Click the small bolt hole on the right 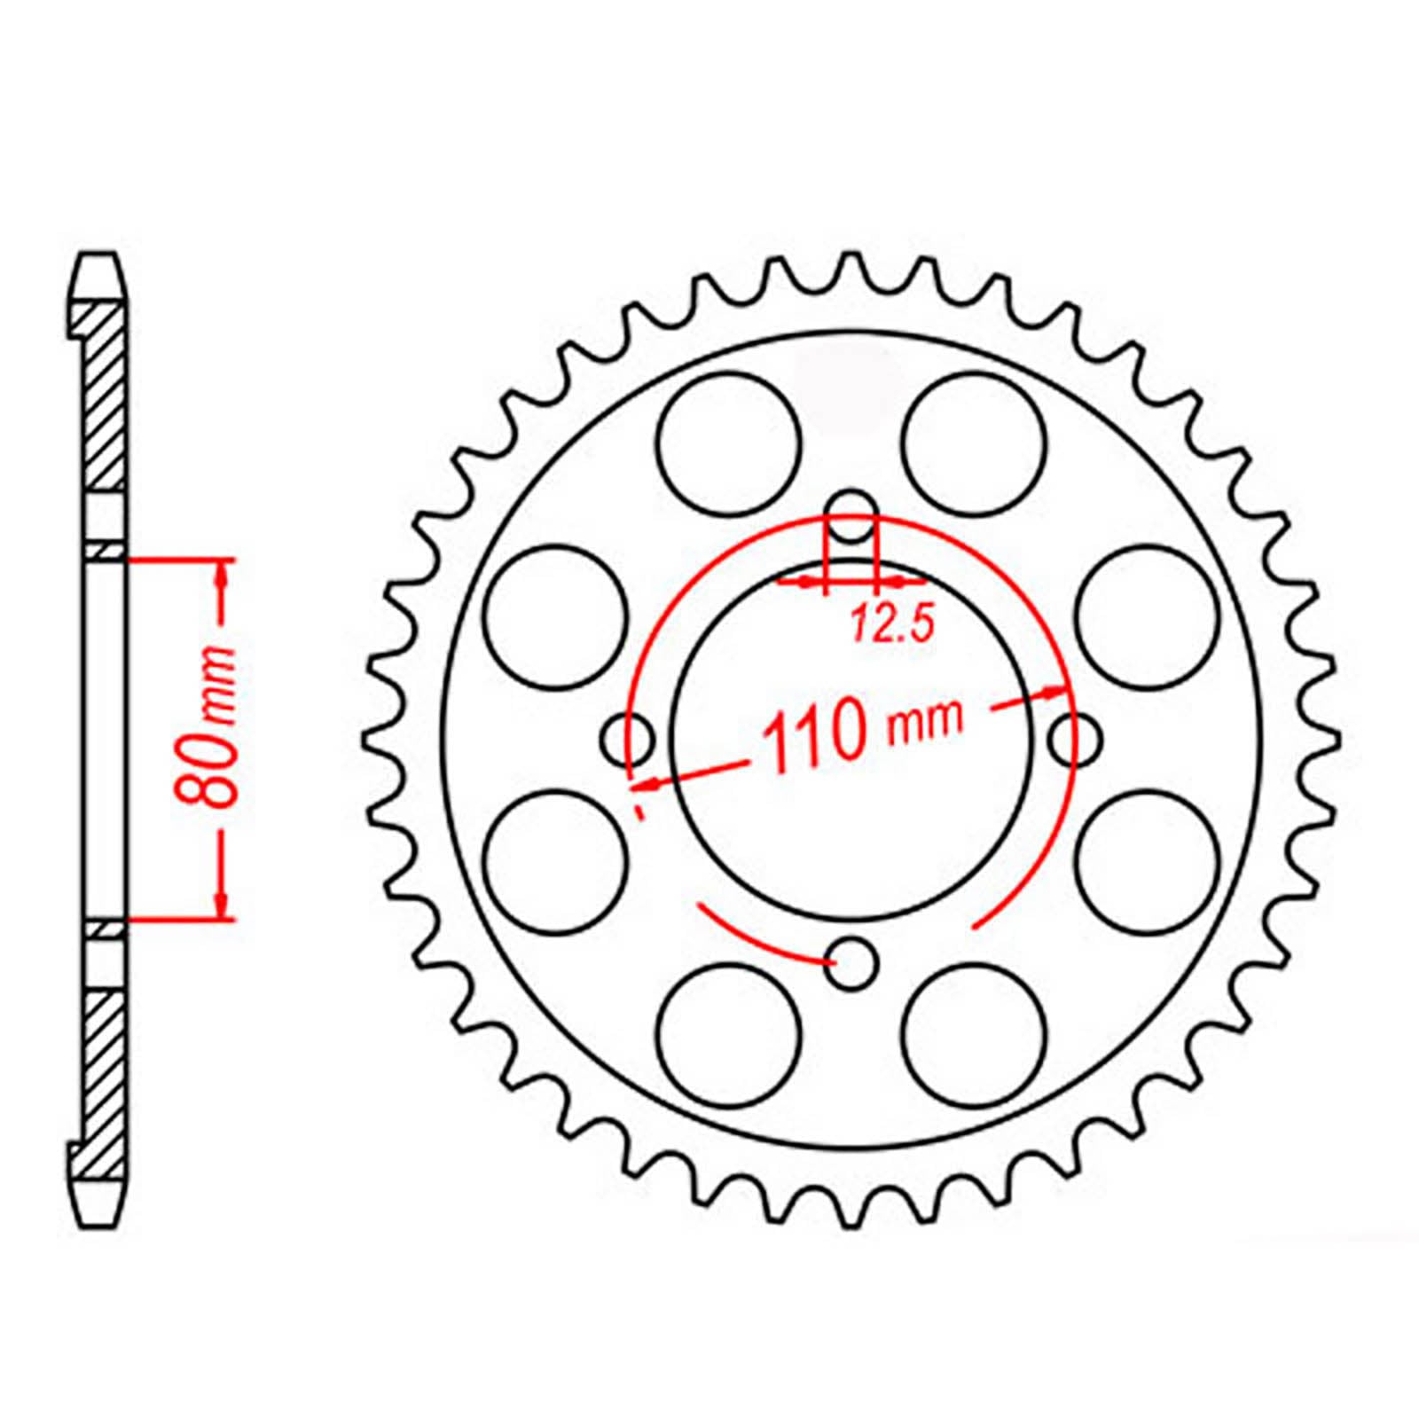[1075, 738]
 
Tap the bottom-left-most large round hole [730, 1035]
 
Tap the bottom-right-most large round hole [974, 1035]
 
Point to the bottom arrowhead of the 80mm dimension [222, 906]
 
